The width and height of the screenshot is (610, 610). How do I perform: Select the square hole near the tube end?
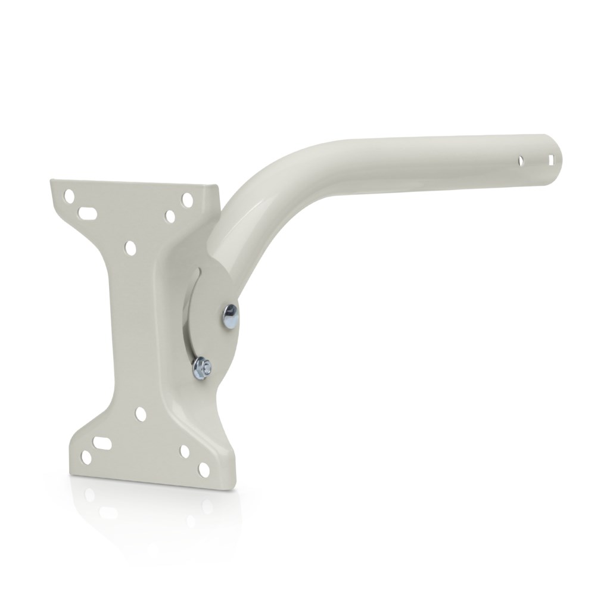pos(552,160)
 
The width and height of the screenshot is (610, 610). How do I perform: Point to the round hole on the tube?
pos(521,161)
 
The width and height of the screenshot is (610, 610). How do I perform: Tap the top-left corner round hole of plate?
pos(71,195)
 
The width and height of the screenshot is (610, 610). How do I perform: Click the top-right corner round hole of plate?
pos(187,198)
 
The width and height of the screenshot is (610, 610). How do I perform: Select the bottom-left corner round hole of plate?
pos(86,458)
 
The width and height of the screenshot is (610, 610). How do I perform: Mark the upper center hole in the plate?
pos(129,245)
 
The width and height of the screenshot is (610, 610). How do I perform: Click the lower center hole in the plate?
pos(141,412)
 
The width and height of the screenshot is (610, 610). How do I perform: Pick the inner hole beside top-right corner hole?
pos(170,215)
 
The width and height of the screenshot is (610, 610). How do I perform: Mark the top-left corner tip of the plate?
pos(51,180)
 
